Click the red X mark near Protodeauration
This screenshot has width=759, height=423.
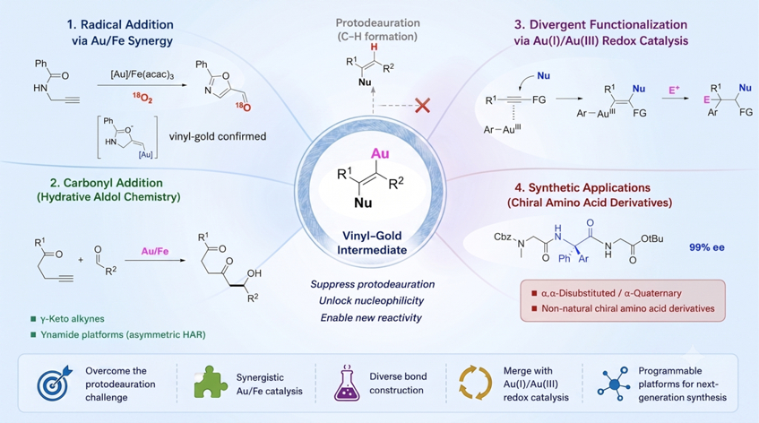point(423,105)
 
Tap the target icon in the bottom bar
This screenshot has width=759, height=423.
point(55,384)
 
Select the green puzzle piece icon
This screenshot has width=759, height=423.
point(211,382)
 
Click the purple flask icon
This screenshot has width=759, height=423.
point(347,383)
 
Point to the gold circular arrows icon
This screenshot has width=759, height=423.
point(475,383)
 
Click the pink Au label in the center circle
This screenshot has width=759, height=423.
point(380,154)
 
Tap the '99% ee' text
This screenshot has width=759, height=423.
point(707,247)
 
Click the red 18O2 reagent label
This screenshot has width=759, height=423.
point(142,99)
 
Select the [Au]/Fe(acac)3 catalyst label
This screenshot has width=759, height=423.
point(142,74)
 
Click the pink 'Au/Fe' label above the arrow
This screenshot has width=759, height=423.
point(155,251)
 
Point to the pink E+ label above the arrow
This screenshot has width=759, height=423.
point(674,90)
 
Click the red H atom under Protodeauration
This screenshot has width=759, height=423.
point(374,47)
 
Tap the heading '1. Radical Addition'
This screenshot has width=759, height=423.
point(120,25)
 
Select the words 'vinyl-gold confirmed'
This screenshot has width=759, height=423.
point(218,136)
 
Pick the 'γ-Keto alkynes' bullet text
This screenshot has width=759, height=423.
point(72,319)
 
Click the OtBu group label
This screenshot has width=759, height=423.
point(651,239)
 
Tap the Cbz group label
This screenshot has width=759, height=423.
point(503,237)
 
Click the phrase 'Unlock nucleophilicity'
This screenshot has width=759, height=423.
point(371,300)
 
